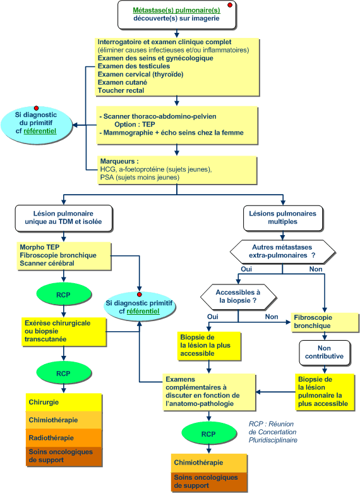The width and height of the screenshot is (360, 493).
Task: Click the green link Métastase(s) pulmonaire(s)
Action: [176, 10]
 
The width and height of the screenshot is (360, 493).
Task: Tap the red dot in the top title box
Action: [230, 5]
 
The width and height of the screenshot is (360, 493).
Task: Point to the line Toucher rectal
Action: [121, 90]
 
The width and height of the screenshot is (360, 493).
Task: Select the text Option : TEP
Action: [135, 125]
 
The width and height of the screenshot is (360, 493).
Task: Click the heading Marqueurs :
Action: [119, 161]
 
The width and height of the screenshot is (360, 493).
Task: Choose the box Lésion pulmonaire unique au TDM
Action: [63, 218]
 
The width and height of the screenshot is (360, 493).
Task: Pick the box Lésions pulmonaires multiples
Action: [283, 217]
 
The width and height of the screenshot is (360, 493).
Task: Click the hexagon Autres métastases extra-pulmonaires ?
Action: [282, 252]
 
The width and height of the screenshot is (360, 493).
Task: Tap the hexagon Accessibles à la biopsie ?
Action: [238, 296]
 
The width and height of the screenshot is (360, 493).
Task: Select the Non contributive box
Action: [324, 353]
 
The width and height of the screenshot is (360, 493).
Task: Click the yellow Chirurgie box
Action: [64, 403]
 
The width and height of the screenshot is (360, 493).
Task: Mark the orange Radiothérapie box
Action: [64, 438]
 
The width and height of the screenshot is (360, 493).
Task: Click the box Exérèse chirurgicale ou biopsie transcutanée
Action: [64, 331]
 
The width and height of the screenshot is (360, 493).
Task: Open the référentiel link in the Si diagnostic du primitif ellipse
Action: [40, 131]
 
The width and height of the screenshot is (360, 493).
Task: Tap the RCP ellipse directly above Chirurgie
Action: [63, 374]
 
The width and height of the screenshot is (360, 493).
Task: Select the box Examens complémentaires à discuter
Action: [209, 392]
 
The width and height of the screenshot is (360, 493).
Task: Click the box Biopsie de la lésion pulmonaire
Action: [325, 392]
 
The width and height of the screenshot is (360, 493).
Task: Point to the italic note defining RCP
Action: [273, 432]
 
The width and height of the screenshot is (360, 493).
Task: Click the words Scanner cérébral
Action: [47, 264]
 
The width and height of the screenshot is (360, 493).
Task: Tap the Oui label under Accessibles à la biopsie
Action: [213, 317]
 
